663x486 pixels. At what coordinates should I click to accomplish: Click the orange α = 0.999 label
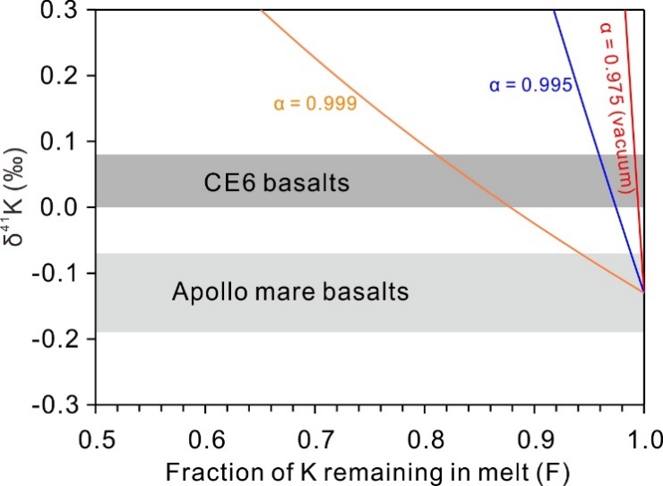tap(315, 103)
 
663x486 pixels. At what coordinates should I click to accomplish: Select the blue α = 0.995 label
tap(530, 86)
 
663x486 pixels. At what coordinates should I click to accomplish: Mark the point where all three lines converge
tap(643, 291)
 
